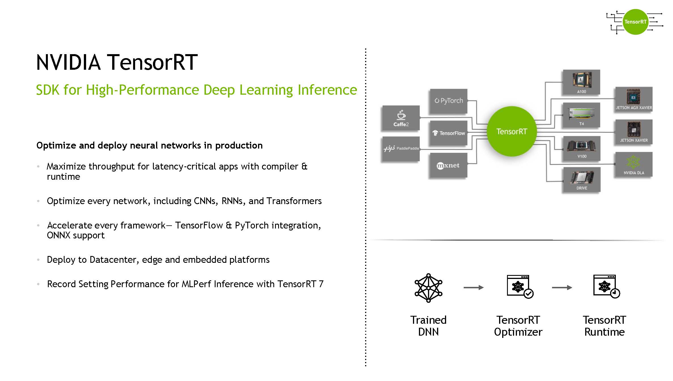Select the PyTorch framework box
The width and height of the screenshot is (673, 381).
449,101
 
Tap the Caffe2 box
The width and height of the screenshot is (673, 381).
401,118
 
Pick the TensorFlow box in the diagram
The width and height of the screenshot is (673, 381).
449,133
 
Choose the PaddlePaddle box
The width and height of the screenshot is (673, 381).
401,149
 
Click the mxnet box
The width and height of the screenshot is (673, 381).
449,165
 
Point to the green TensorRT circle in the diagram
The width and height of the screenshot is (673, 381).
512,131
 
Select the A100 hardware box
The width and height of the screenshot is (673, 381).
581,82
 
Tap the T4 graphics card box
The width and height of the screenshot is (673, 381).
581,115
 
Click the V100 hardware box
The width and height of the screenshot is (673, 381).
581,148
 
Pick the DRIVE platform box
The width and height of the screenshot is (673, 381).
581,180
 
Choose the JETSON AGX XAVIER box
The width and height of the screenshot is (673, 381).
634,99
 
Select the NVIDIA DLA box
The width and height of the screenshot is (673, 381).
634,165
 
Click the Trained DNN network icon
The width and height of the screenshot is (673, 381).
428,288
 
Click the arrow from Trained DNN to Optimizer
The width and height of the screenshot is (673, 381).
474,287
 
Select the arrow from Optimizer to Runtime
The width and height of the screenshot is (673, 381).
562,287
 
